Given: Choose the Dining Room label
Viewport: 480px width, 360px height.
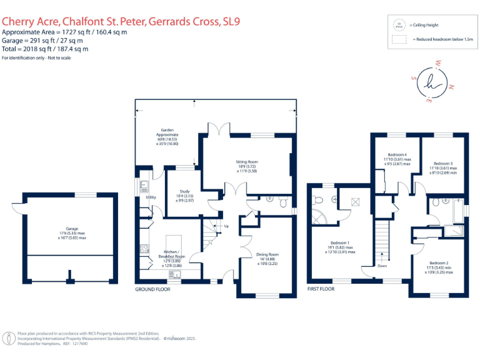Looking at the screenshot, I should pyautogui.click(x=267, y=254).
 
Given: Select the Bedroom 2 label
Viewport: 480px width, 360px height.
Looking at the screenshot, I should pyautogui.click(x=439, y=263).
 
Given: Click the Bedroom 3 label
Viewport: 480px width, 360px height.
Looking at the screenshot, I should pyautogui.click(x=443, y=164).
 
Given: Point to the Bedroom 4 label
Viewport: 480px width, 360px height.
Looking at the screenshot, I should pyautogui.click(x=397, y=154).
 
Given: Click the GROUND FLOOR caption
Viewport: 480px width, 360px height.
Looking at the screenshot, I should pyautogui.click(x=152, y=289).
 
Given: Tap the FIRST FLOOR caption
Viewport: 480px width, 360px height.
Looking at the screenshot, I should pyautogui.click(x=321, y=289).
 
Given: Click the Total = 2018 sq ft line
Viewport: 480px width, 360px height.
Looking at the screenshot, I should pyautogui.click(x=45, y=48).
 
